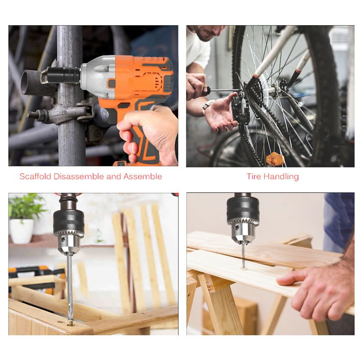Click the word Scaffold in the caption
36,176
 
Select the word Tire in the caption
254,176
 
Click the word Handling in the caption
281,176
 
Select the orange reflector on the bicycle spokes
274,159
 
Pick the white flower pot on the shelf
21,231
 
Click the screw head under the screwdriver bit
71,323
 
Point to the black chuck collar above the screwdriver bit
69,222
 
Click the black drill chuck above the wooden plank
243,211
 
